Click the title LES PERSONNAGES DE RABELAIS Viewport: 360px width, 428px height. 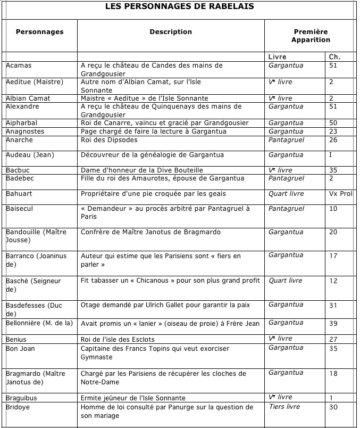179,6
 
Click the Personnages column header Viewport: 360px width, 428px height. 39,32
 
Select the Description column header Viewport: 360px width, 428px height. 171,32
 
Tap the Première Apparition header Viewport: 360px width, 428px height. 311,36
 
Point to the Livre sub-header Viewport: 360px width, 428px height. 278,57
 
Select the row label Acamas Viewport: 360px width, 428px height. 19,65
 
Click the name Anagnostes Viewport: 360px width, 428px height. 26,131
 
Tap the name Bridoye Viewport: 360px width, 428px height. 19,407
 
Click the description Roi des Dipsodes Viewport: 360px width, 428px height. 109,140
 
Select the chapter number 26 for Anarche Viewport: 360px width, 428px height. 333,140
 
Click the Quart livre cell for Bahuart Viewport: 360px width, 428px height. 286,193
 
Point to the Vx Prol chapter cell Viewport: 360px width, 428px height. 340,193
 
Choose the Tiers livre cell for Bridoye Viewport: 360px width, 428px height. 284,407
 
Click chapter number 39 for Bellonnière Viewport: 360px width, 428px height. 333,323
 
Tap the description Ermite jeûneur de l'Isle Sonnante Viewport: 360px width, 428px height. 133,398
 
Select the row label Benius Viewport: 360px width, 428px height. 16,339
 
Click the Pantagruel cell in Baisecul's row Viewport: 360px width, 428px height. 287,209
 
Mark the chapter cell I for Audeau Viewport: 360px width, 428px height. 331,155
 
